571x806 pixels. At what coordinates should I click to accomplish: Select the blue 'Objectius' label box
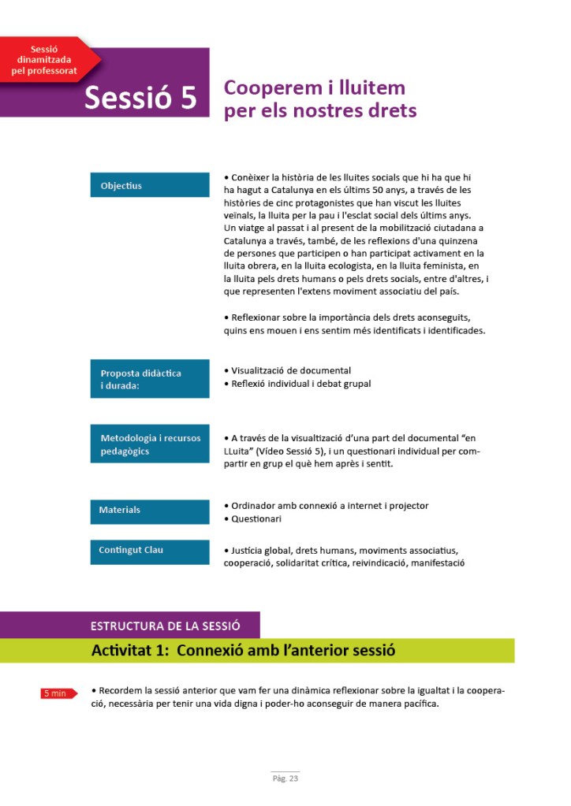point(149,186)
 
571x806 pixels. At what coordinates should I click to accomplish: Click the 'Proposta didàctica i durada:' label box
point(149,379)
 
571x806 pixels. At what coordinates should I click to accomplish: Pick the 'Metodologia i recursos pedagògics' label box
point(149,444)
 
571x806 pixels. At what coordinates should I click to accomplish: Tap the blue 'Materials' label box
point(149,510)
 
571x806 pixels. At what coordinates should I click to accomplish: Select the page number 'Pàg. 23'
point(285,779)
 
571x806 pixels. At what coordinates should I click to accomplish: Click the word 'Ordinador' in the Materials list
point(254,506)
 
